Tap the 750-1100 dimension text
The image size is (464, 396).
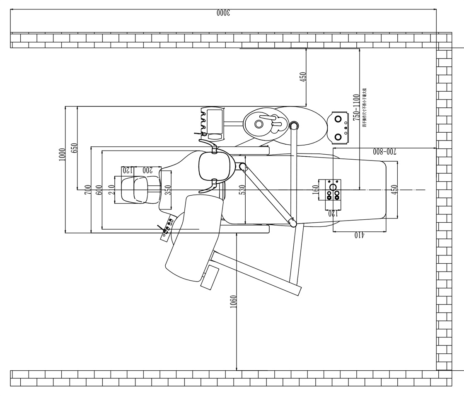[356, 107]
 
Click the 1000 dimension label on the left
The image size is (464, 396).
[62, 155]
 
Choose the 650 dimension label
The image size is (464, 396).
[74, 148]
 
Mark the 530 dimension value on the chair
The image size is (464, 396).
[242, 189]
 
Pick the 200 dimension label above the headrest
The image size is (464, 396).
[147, 170]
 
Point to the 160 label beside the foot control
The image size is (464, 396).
[316, 190]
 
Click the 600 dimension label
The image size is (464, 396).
[99, 189]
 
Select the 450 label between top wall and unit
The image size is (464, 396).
[303, 77]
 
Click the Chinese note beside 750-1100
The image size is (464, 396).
[364, 107]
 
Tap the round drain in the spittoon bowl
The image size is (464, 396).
[259, 124]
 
